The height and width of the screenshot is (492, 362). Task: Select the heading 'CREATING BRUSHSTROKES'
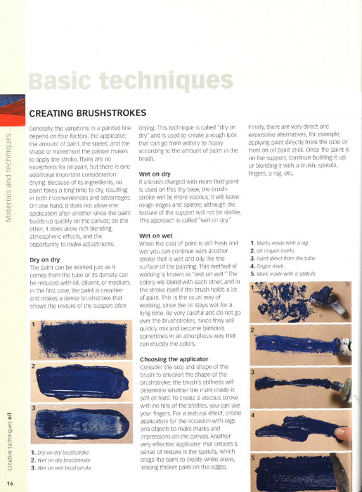coord(87,112)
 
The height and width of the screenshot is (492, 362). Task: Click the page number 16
coord(11,484)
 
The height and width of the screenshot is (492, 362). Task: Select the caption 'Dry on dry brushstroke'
coord(63,454)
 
